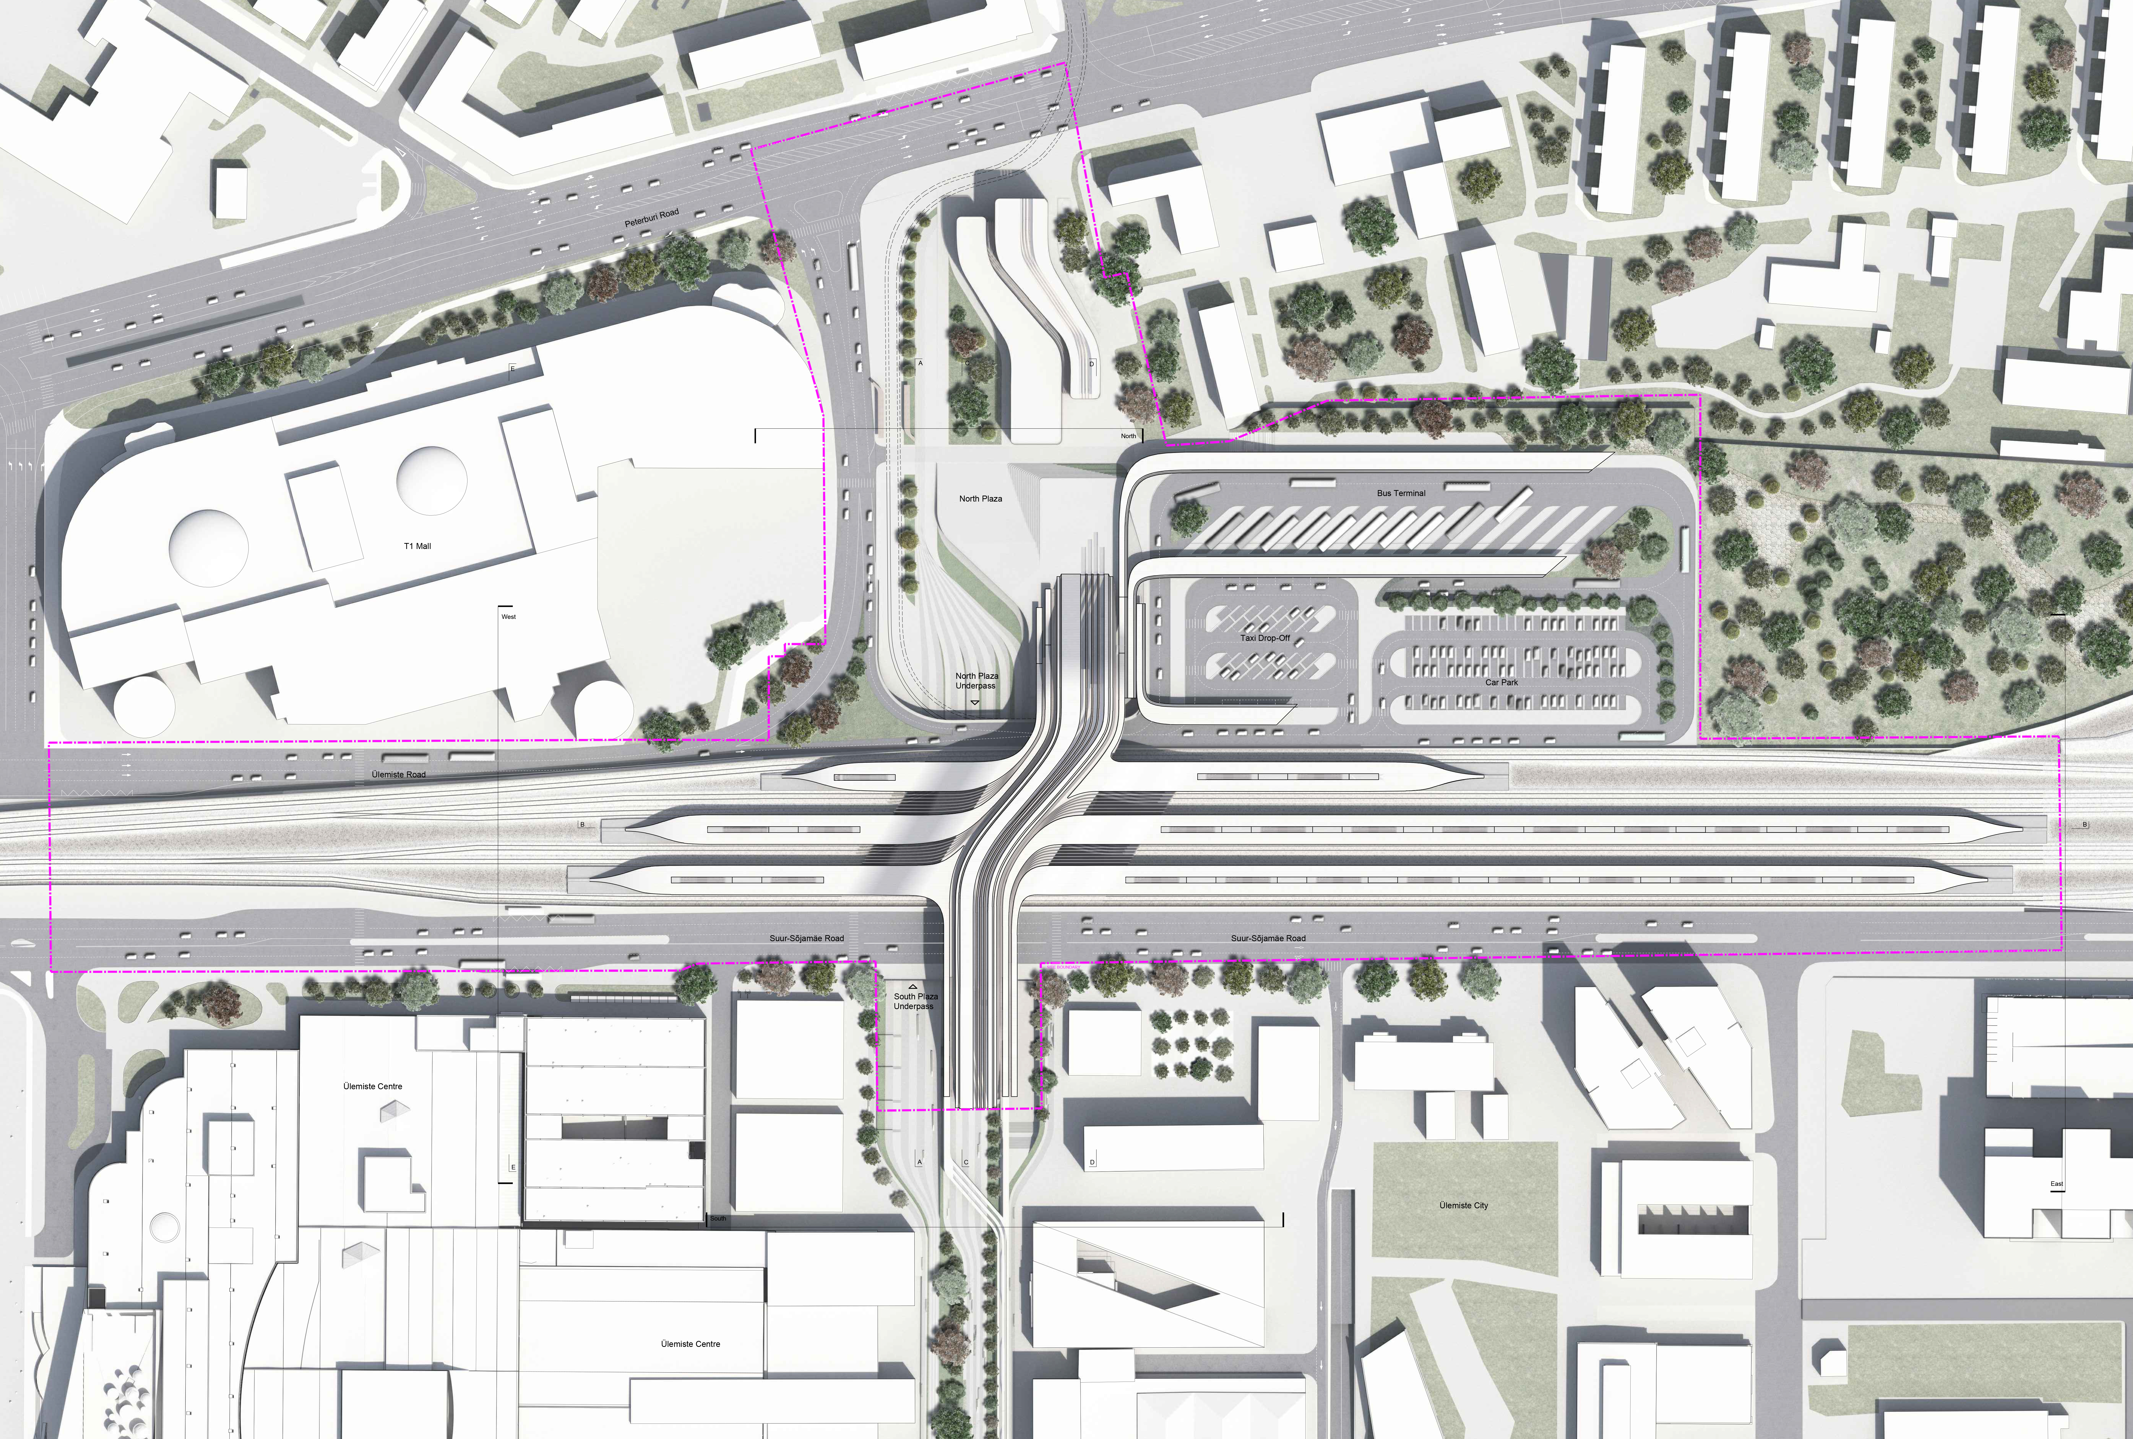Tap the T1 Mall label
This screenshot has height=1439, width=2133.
point(417,546)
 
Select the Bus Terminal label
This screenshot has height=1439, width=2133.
point(1401,493)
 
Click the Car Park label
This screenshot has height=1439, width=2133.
point(1502,682)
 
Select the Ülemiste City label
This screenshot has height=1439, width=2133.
point(1463,1205)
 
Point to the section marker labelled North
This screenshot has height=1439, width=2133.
point(1128,436)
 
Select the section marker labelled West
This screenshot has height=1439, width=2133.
point(508,617)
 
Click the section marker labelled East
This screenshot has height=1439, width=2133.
point(2057,1184)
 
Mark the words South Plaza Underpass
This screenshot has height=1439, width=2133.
point(915,1001)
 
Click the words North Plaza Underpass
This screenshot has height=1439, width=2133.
point(976,680)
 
